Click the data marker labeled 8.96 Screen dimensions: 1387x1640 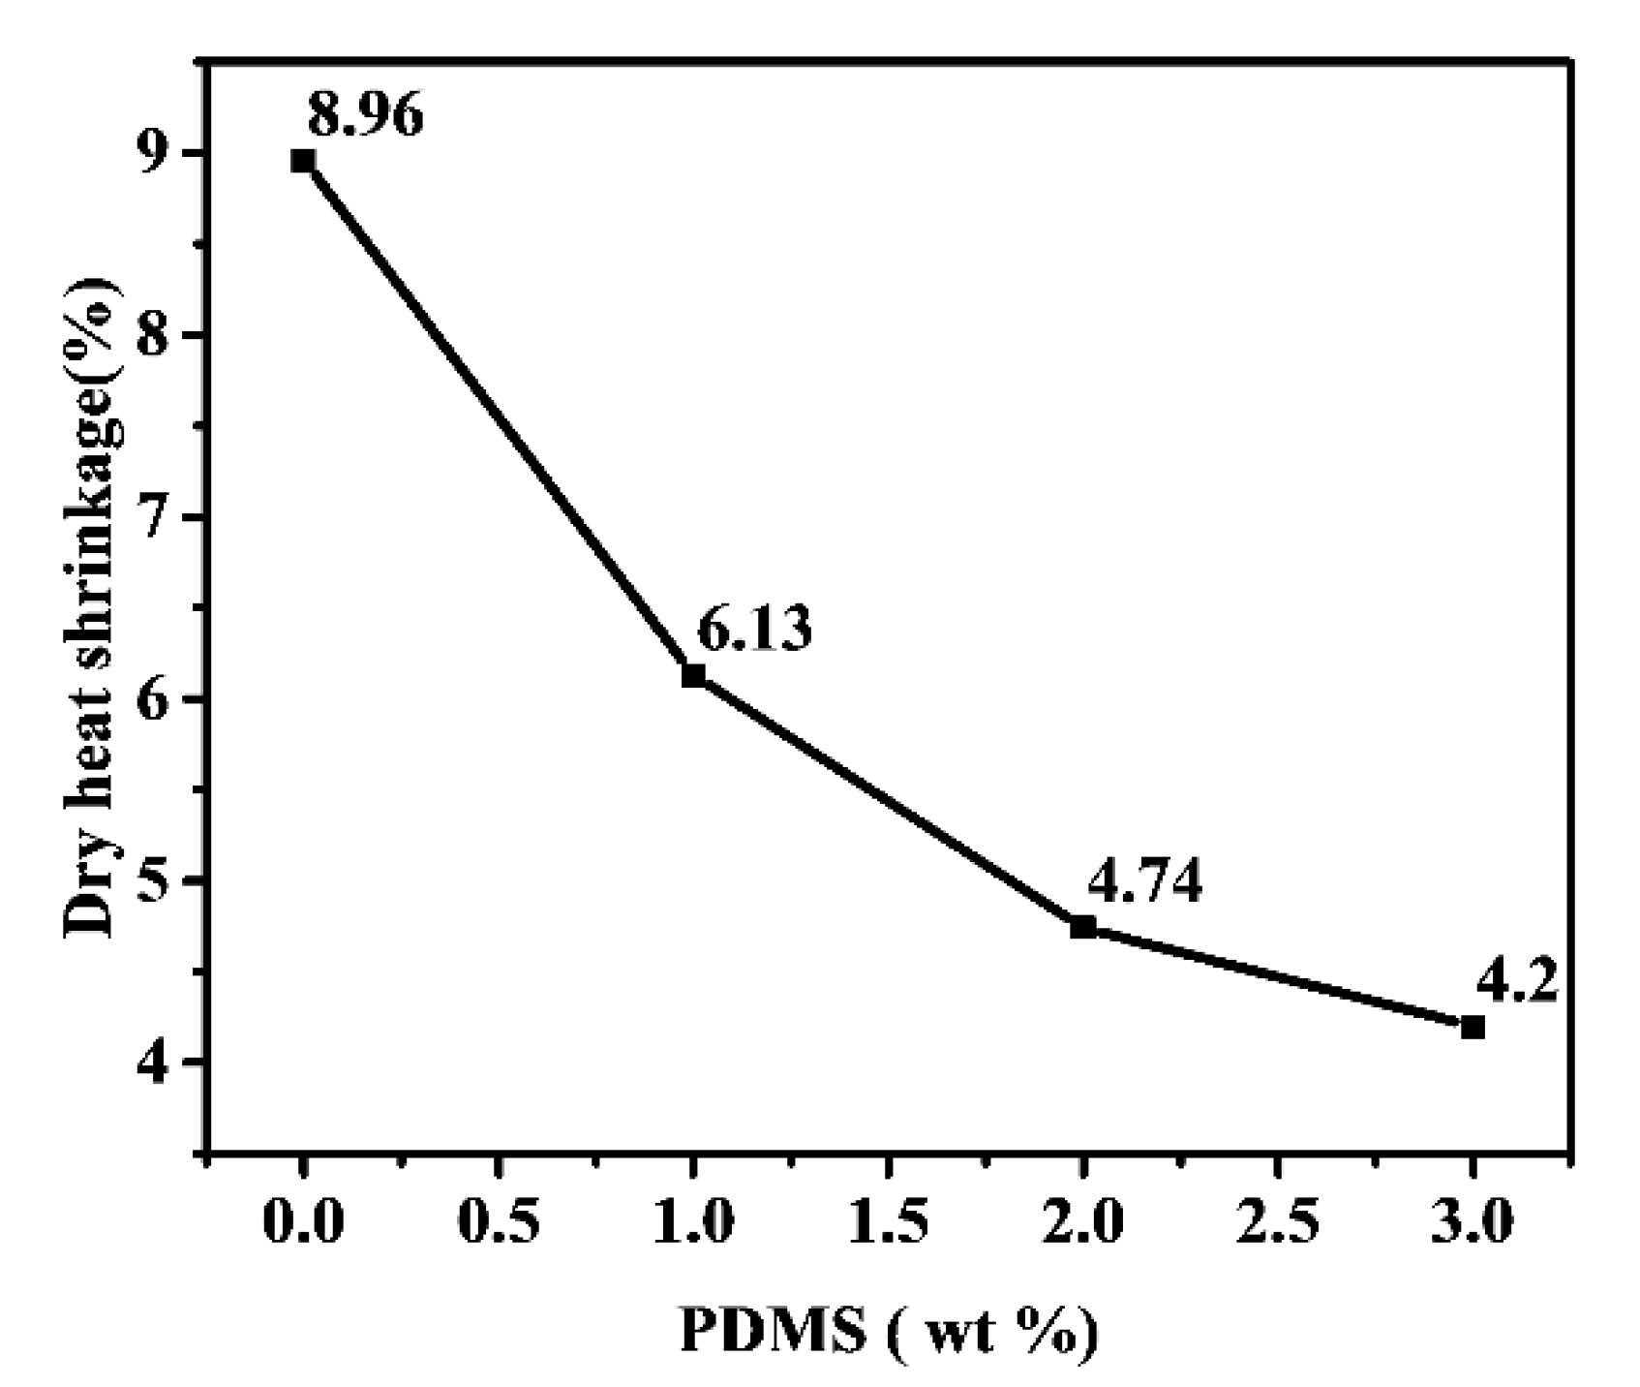click(303, 161)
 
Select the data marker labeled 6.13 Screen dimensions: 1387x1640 click(693, 675)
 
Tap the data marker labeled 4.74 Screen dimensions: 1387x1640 click(1083, 927)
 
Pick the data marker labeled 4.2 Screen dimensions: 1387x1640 click(1473, 1027)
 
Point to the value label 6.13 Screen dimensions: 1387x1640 click(755, 631)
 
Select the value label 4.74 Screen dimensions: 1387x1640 click(1144, 881)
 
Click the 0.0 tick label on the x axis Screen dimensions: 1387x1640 click(303, 1224)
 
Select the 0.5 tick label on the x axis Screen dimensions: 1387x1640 click(498, 1224)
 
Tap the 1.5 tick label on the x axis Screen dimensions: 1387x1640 click(888, 1224)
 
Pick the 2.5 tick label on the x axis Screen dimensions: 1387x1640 click(1278, 1224)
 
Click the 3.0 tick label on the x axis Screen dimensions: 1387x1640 click(1473, 1224)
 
